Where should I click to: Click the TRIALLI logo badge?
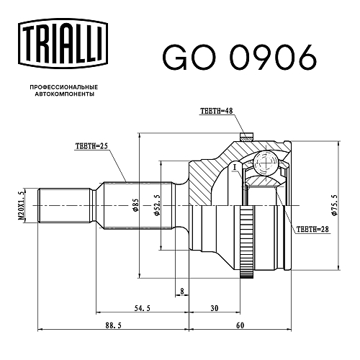[x=63, y=44]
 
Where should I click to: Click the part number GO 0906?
[x=239, y=58]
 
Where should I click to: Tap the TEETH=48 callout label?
[x=217, y=111]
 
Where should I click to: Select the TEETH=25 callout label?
[x=91, y=146]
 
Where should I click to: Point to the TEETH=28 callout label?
[x=312, y=229]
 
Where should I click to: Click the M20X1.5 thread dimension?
[x=21, y=206]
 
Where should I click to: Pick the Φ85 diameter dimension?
[x=135, y=205]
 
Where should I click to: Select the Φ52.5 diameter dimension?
[x=157, y=205]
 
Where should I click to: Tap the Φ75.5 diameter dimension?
[x=334, y=205]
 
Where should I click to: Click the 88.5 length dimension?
[x=113, y=325]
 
